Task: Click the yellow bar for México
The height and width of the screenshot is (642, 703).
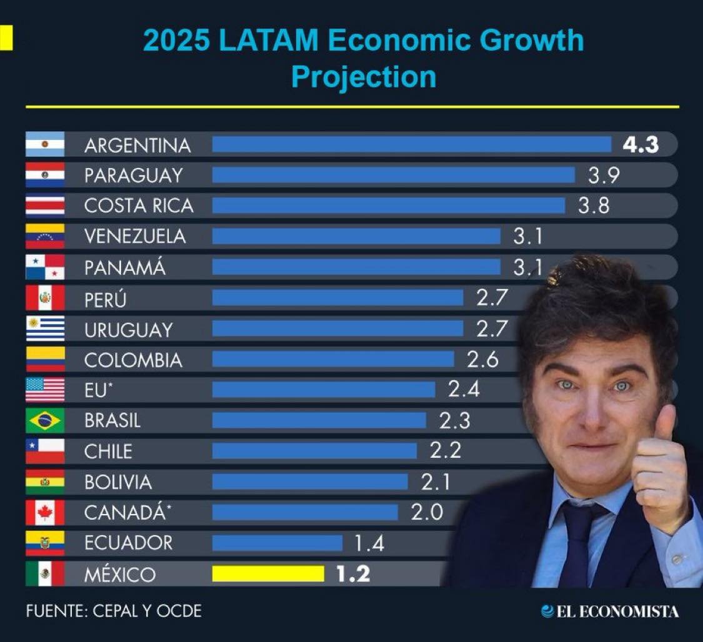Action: click(268, 574)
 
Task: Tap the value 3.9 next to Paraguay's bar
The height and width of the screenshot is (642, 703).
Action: click(604, 175)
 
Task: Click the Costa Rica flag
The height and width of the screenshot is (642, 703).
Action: click(45, 205)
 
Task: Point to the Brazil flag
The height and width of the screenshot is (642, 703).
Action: click(45, 420)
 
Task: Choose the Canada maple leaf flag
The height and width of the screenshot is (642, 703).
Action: click(45, 513)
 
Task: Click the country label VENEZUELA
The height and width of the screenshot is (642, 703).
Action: click(135, 237)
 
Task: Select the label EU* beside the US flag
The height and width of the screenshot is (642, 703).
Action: click(99, 390)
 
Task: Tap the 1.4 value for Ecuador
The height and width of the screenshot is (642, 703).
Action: click(369, 543)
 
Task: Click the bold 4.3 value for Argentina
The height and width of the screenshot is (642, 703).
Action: click(641, 145)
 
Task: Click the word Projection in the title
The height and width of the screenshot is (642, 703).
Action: click(363, 77)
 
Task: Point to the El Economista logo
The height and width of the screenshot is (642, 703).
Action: click(609, 611)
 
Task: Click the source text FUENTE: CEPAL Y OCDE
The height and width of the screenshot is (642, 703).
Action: click(114, 611)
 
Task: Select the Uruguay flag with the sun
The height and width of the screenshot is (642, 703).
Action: click(45, 328)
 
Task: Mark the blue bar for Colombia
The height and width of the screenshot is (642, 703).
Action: click(333, 359)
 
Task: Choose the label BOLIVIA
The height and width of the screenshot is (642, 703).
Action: click(118, 482)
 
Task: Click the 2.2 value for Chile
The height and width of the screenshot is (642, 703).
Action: click(446, 451)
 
